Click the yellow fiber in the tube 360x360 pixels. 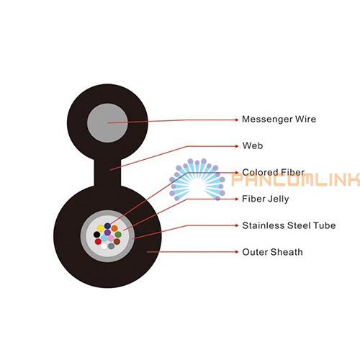(100, 228)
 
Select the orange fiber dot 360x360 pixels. (114, 228)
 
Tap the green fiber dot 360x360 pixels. (118, 235)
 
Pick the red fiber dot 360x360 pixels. (98, 241)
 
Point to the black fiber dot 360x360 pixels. (96, 235)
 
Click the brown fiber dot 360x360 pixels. (117, 241)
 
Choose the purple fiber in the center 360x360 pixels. (107, 233)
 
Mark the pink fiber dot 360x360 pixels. (111, 238)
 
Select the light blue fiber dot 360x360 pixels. (104, 238)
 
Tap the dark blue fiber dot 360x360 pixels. (107, 226)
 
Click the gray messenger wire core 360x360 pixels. (107, 123)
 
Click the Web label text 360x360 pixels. (253, 145)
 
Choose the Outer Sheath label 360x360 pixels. (272, 252)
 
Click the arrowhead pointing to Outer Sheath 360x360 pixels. (237, 252)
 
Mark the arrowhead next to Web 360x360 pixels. (237, 146)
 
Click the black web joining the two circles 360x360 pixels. (107, 172)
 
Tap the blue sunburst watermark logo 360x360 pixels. (197, 179)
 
